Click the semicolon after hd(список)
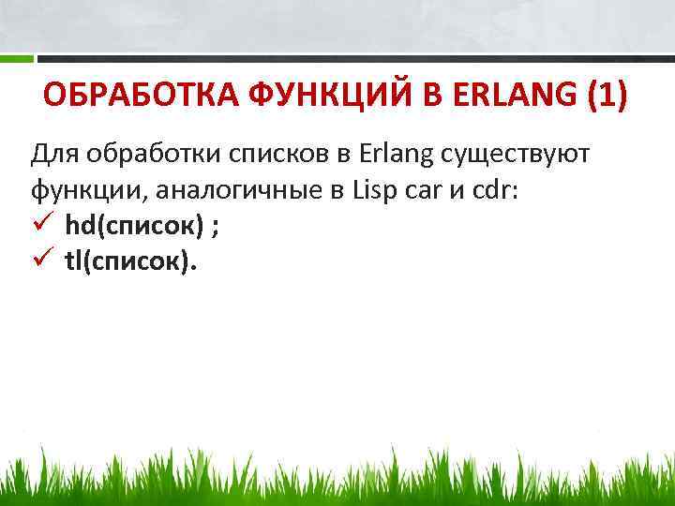point(217,229)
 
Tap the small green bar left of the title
point(16,58)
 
